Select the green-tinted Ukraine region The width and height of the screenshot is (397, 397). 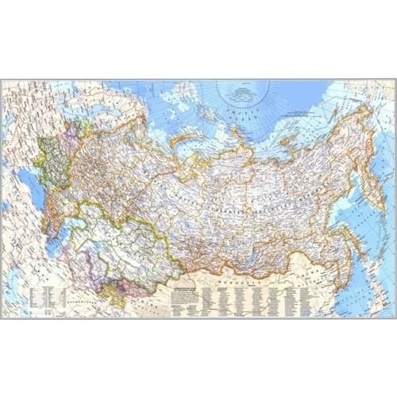pyautogui.click(x=52, y=163)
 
